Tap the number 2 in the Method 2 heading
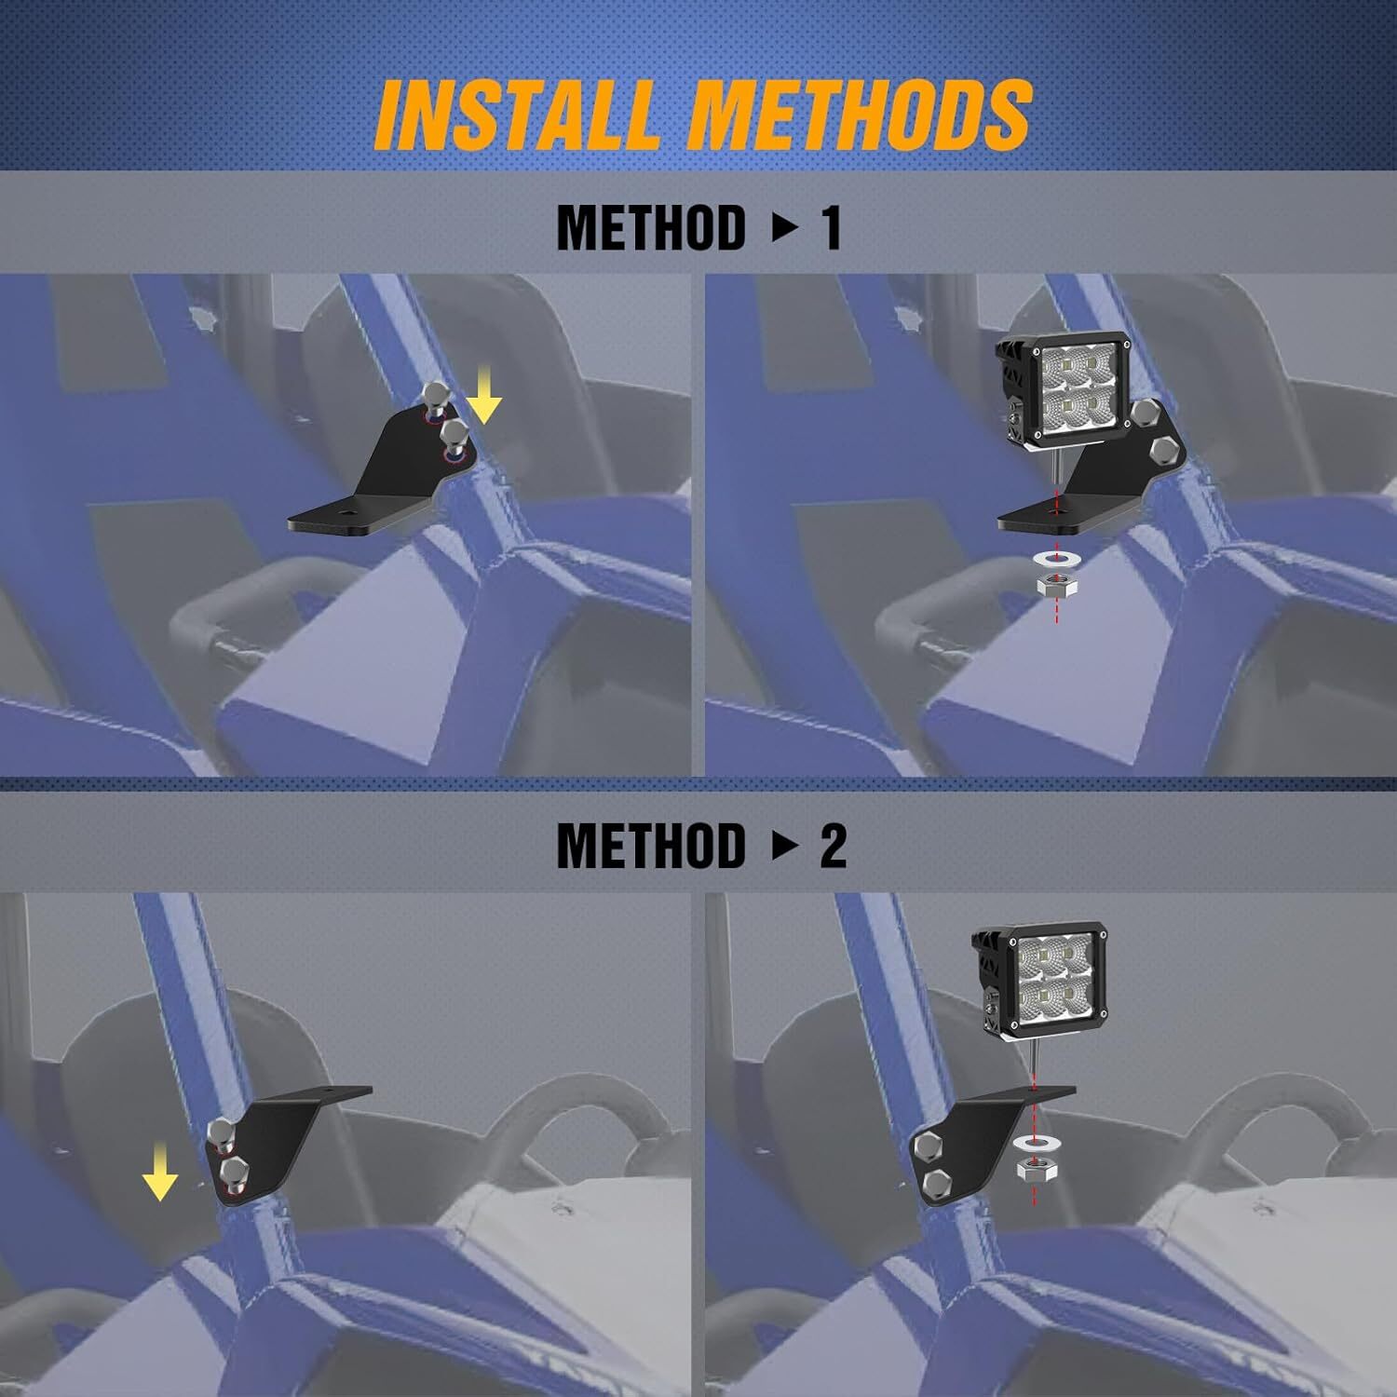point(833,846)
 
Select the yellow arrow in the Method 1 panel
point(483,395)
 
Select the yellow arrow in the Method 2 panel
point(160,1175)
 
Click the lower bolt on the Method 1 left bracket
point(454,436)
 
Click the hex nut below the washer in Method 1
point(1056,586)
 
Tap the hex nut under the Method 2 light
point(1034,1173)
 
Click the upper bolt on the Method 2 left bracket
point(221,1133)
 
